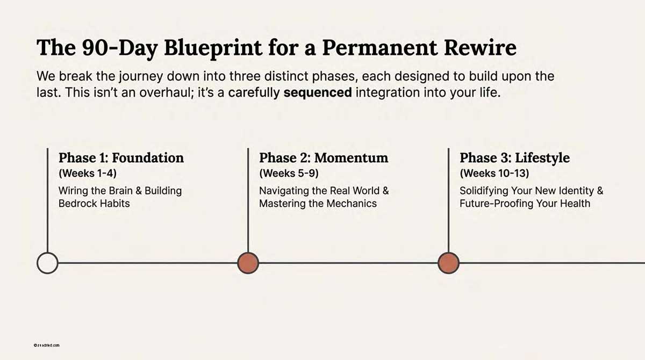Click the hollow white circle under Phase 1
47,263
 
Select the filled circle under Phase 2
248,263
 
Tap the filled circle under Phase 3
448,263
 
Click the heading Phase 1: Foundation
121,158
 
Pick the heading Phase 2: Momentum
324,158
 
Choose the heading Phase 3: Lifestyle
514,158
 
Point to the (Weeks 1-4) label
87,174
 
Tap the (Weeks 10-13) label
494,174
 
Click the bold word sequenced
318,92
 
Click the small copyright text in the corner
46,344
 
